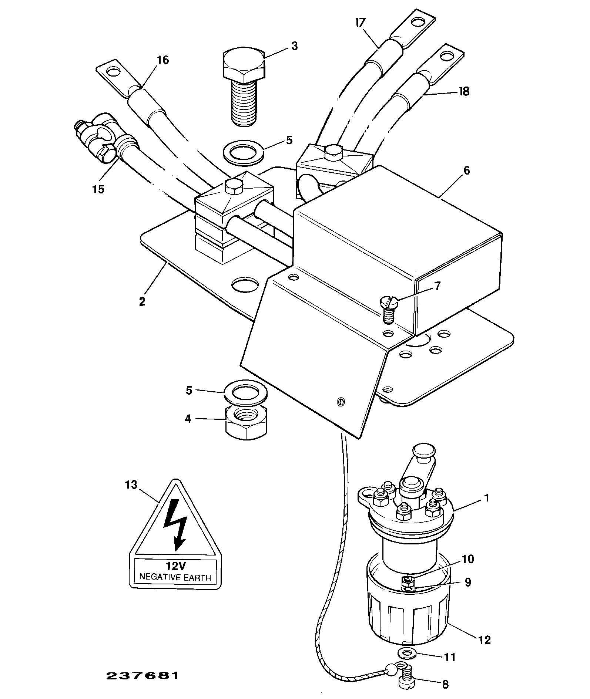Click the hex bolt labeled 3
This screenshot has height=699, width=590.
tap(244, 86)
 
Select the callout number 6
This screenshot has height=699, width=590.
tap(466, 170)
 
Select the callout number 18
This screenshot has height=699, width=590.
tap(464, 91)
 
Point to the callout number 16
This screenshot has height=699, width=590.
tap(162, 60)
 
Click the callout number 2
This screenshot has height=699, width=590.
tap(143, 301)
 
